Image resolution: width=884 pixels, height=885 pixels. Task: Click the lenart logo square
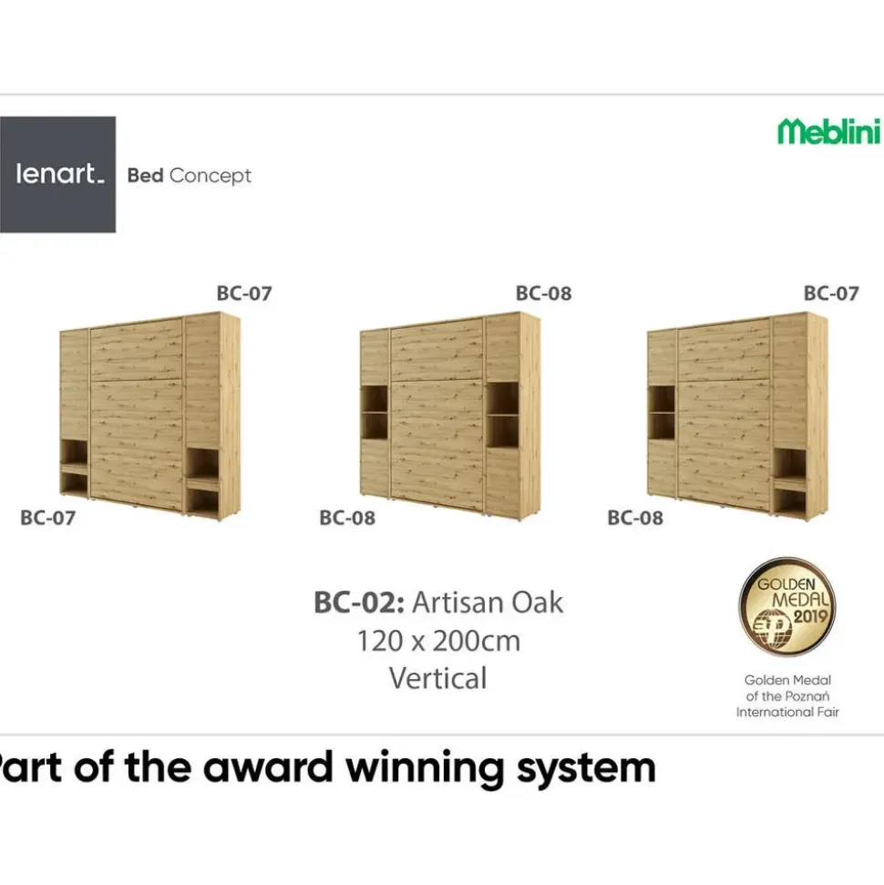(x=57, y=174)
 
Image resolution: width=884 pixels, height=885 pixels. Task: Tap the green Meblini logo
(x=828, y=131)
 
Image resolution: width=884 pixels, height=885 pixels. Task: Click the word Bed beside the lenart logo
(x=146, y=176)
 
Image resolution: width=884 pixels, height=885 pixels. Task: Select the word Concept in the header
(x=210, y=177)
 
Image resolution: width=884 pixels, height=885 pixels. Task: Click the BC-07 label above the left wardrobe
(x=244, y=293)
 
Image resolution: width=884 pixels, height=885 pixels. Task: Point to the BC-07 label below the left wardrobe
(x=48, y=518)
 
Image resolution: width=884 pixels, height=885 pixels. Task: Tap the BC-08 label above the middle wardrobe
(x=543, y=293)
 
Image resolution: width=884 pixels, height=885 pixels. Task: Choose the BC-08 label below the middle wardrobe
(x=347, y=518)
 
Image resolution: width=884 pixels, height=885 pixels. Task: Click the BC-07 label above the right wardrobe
(x=831, y=293)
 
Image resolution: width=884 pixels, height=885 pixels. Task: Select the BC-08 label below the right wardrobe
(x=635, y=518)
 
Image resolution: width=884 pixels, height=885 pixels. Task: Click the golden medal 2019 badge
(x=787, y=607)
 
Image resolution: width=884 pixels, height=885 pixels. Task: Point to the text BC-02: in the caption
(x=359, y=602)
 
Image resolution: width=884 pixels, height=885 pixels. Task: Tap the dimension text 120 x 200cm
(x=438, y=641)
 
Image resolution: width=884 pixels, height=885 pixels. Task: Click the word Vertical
(x=438, y=678)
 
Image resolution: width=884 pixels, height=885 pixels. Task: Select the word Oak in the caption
(x=537, y=602)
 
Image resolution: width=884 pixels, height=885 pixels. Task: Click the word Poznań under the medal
(x=808, y=696)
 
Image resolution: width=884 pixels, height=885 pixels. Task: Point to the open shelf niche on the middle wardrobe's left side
(x=375, y=412)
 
